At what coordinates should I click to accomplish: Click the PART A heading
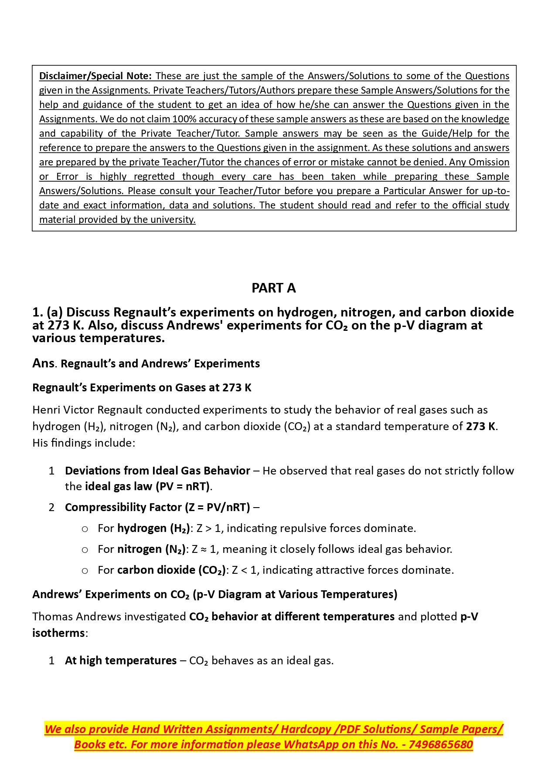(273, 288)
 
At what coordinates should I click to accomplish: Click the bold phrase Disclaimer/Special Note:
(95, 76)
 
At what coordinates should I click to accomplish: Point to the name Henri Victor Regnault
(87, 410)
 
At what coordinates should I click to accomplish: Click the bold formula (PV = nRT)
(183, 487)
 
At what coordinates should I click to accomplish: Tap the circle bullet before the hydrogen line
(85, 529)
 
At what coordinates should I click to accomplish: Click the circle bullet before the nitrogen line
(85, 550)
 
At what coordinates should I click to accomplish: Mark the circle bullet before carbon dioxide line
(85, 571)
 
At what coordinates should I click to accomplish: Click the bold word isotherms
(58, 633)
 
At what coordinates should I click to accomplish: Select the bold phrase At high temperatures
(121, 661)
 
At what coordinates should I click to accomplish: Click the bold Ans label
(43, 363)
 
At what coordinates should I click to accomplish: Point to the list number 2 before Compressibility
(51, 508)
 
